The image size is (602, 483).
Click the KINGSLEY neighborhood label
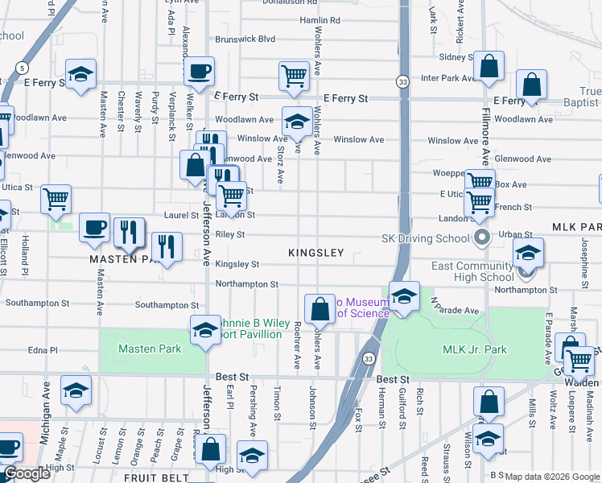[316, 253]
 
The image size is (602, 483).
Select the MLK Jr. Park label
[475, 349]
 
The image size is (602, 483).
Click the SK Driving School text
[425, 238]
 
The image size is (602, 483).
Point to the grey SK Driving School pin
[482, 237]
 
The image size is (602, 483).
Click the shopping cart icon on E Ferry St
[295, 76]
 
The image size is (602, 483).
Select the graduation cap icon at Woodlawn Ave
[297, 122]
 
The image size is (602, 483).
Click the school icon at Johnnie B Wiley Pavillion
[205, 330]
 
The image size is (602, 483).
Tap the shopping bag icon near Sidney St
[489, 68]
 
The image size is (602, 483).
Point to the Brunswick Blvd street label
[245, 39]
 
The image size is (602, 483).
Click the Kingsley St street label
[237, 264]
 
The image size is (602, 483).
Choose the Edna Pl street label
[43, 351]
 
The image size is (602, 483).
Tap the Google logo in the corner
[27, 473]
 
